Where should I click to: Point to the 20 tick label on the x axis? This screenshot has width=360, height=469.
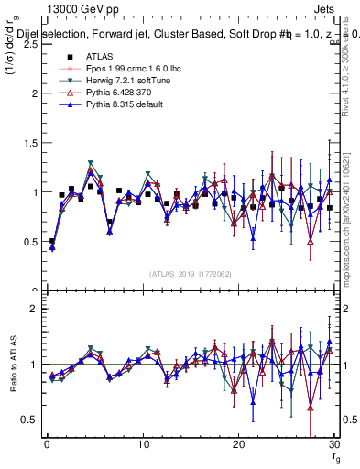pos(238,443)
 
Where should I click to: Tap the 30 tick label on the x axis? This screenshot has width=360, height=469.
pos(333,443)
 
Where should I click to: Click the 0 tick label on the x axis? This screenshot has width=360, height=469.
pos(47,443)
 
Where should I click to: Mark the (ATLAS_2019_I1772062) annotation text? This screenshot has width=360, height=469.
pos(191,274)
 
